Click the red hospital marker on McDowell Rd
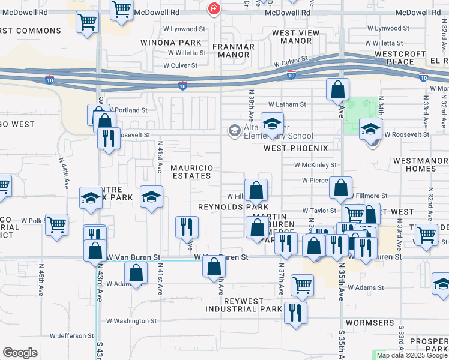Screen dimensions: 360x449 [x=213, y=8]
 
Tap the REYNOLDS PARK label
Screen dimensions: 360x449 [x=233, y=207]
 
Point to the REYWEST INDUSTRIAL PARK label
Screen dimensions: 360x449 [x=244, y=305]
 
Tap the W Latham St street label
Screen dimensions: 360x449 [x=287, y=104]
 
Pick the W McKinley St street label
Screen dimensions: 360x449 [x=315, y=164]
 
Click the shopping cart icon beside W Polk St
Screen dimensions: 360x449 [x=56, y=225]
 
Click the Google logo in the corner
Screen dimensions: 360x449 [x=20, y=353]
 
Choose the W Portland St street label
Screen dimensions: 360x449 [x=127, y=110]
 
